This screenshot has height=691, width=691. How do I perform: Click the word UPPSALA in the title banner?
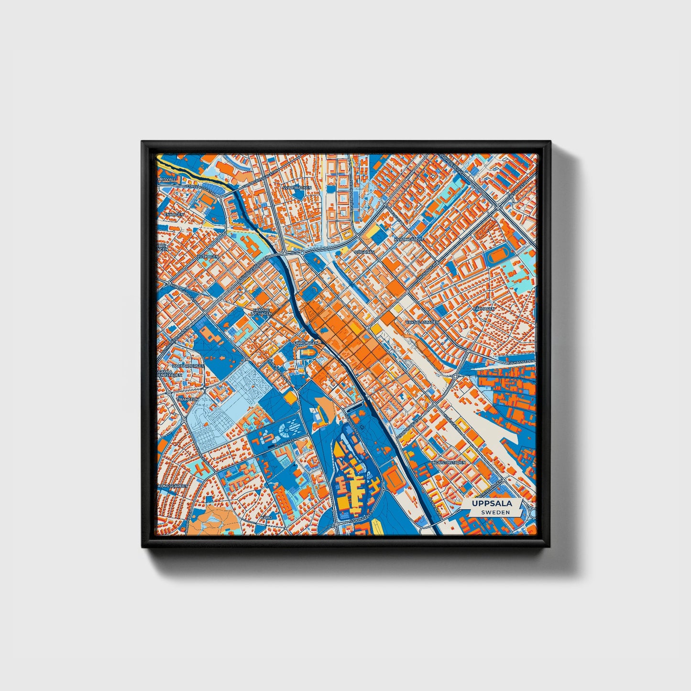coord(492,503)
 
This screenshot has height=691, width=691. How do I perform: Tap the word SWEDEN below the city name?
coord(495,512)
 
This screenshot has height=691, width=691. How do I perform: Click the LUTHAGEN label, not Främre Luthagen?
coord(209,256)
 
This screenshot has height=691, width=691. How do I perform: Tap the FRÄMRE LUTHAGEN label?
coord(262,311)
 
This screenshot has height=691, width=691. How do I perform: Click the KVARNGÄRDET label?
coord(409,239)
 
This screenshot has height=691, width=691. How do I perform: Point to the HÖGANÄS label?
coord(363,251)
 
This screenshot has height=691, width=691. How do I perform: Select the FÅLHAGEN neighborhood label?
coord(483,308)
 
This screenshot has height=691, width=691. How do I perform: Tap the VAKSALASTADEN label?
coord(422,322)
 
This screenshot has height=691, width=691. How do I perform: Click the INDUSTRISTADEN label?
coord(449,463)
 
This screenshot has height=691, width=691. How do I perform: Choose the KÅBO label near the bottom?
coord(266,517)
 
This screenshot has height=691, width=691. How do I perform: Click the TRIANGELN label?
coord(188,398)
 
